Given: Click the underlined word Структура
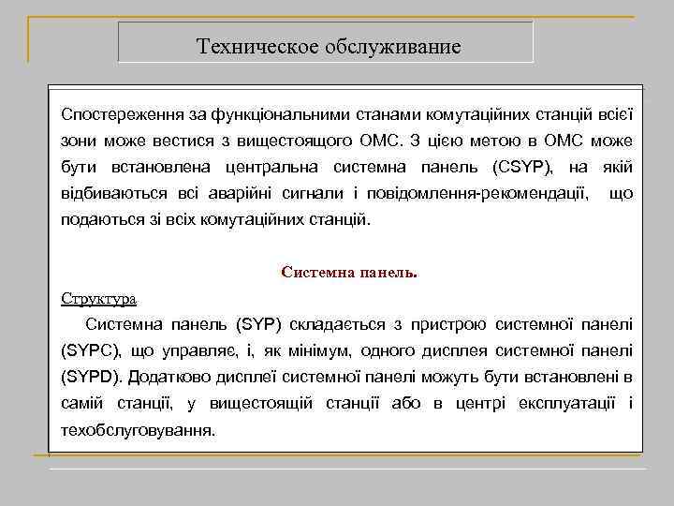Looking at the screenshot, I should (99, 299).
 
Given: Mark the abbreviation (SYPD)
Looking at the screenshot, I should (91, 378).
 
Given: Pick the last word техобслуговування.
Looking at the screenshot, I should (138, 431).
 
